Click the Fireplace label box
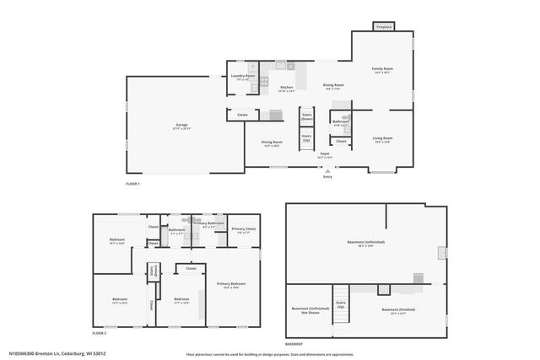[384, 26]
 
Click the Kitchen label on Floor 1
[287, 89]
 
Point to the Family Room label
[384, 71]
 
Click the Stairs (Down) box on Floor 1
[307, 117]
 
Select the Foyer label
[324, 155]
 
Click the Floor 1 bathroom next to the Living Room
[340, 123]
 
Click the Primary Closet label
[244, 230]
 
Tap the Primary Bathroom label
[208, 224]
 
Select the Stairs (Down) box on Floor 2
[154, 271]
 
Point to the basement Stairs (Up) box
[341, 304]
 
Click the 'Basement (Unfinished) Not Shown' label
[307, 311]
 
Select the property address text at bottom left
[57, 353]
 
